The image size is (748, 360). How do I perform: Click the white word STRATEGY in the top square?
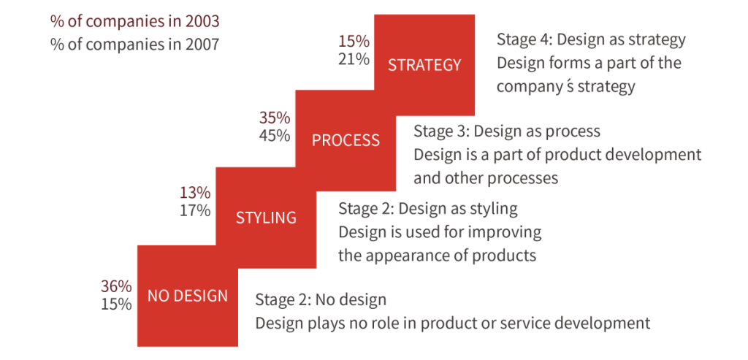click(x=424, y=65)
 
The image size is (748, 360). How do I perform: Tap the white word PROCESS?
click(x=346, y=140)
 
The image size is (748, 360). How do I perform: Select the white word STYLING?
click(x=266, y=218)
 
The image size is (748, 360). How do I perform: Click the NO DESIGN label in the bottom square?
click(x=188, y=296)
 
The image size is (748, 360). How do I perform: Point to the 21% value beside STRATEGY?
click(x=354, y=59)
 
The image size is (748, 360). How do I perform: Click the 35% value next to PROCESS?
click(x=275, y=118)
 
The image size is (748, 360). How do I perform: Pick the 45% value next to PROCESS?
click(x=275, y=136)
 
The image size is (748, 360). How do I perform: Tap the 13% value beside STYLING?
click(x=195, y=193)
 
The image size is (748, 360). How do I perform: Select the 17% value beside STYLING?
click(x=195, y=211)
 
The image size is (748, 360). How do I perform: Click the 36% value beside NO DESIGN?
click(x=116, y=286)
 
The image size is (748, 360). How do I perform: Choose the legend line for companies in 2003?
click(x=135, y=22)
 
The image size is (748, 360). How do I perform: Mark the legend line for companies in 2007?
click(x=135, y=45)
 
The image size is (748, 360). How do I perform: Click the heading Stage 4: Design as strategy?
click(x=592, y=39)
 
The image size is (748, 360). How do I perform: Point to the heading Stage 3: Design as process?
click(x=507, y=131)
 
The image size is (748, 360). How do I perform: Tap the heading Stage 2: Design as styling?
click(x=428, y=209)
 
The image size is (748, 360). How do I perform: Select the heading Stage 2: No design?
click(x=321, y=300)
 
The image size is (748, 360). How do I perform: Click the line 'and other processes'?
click(x=486, y=178)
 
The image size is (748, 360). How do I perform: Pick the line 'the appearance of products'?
click(x=438, y=255)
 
